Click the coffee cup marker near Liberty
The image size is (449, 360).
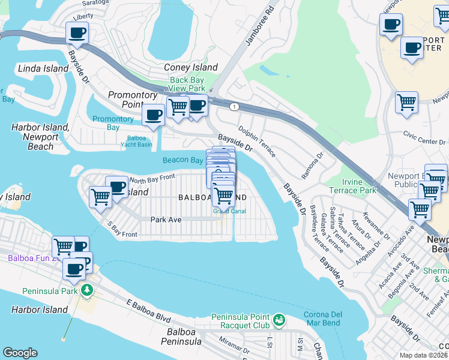coord(77,33)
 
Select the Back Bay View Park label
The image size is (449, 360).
coord(187,84)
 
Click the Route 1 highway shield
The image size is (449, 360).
coord(234,106)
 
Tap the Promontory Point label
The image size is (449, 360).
coord(133,100)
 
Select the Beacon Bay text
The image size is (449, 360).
coord(182,160)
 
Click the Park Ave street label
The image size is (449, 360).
coord(166,220)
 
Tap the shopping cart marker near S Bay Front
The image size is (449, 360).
coord(101,197)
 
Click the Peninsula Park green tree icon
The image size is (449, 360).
coord(88,291)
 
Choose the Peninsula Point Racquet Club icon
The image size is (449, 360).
coord(279,320)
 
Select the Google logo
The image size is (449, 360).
coord(20,353)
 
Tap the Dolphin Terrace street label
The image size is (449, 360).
coord(257,142)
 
